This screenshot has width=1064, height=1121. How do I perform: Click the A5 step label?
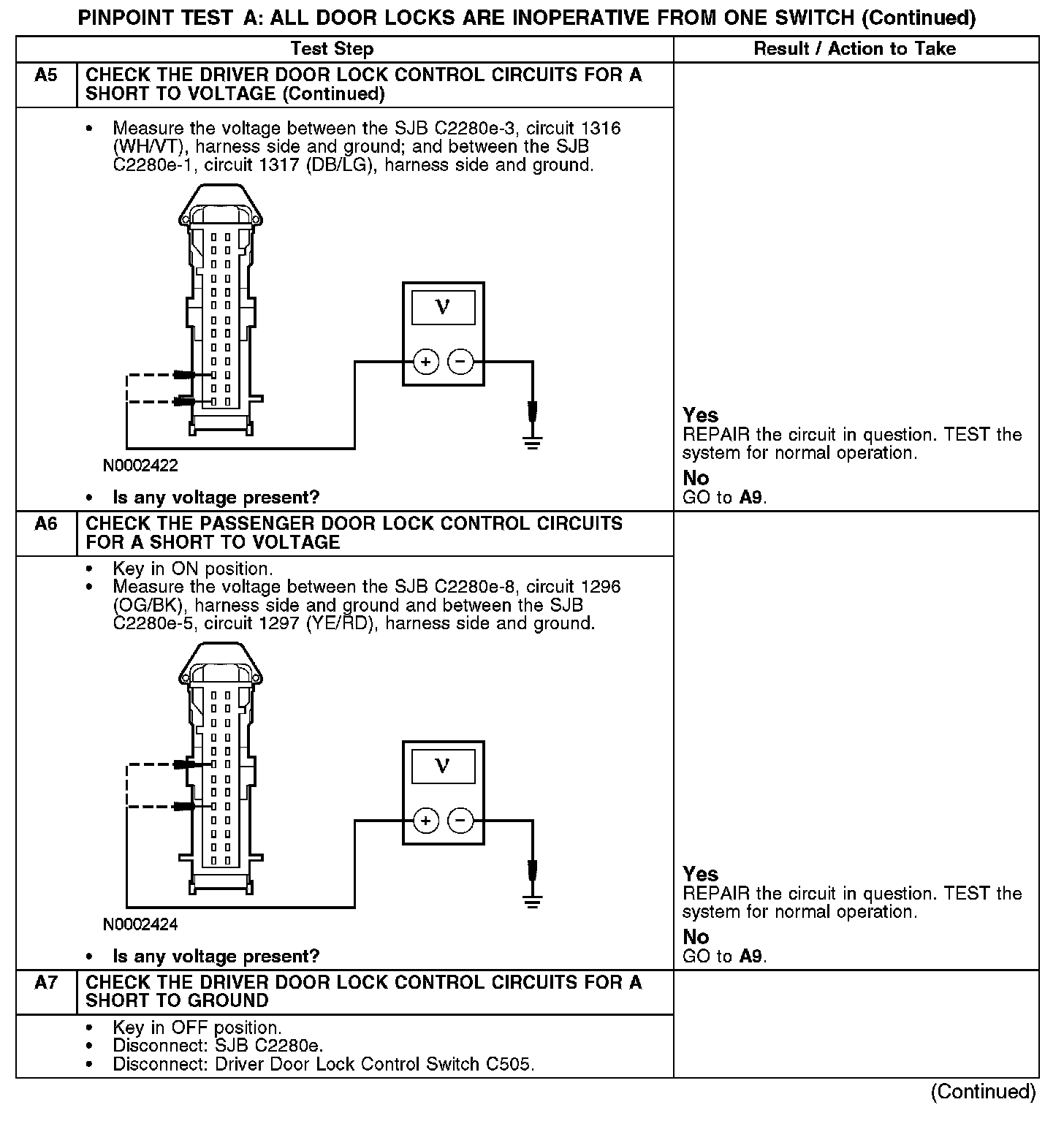45,75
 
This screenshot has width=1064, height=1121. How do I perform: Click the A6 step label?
45,524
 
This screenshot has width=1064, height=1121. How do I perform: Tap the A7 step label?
45,983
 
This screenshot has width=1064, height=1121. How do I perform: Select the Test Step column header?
332,49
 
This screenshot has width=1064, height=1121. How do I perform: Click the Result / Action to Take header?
854,49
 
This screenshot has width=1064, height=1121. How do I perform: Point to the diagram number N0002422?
140,465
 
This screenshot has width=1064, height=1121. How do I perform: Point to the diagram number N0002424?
140,924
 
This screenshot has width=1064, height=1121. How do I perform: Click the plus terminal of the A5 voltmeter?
425,361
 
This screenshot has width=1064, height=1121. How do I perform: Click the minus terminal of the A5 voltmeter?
460,361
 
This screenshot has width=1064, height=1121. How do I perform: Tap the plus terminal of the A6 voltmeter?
425,821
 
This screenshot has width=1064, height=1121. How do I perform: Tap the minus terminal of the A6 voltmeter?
460,821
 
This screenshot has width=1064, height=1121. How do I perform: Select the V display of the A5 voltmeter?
443,308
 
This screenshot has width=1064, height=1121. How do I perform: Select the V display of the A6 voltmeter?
443,767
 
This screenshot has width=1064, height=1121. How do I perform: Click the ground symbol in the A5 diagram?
533,441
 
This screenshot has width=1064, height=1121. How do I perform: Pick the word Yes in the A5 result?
700,415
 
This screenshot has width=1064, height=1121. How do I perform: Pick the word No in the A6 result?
696,937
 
